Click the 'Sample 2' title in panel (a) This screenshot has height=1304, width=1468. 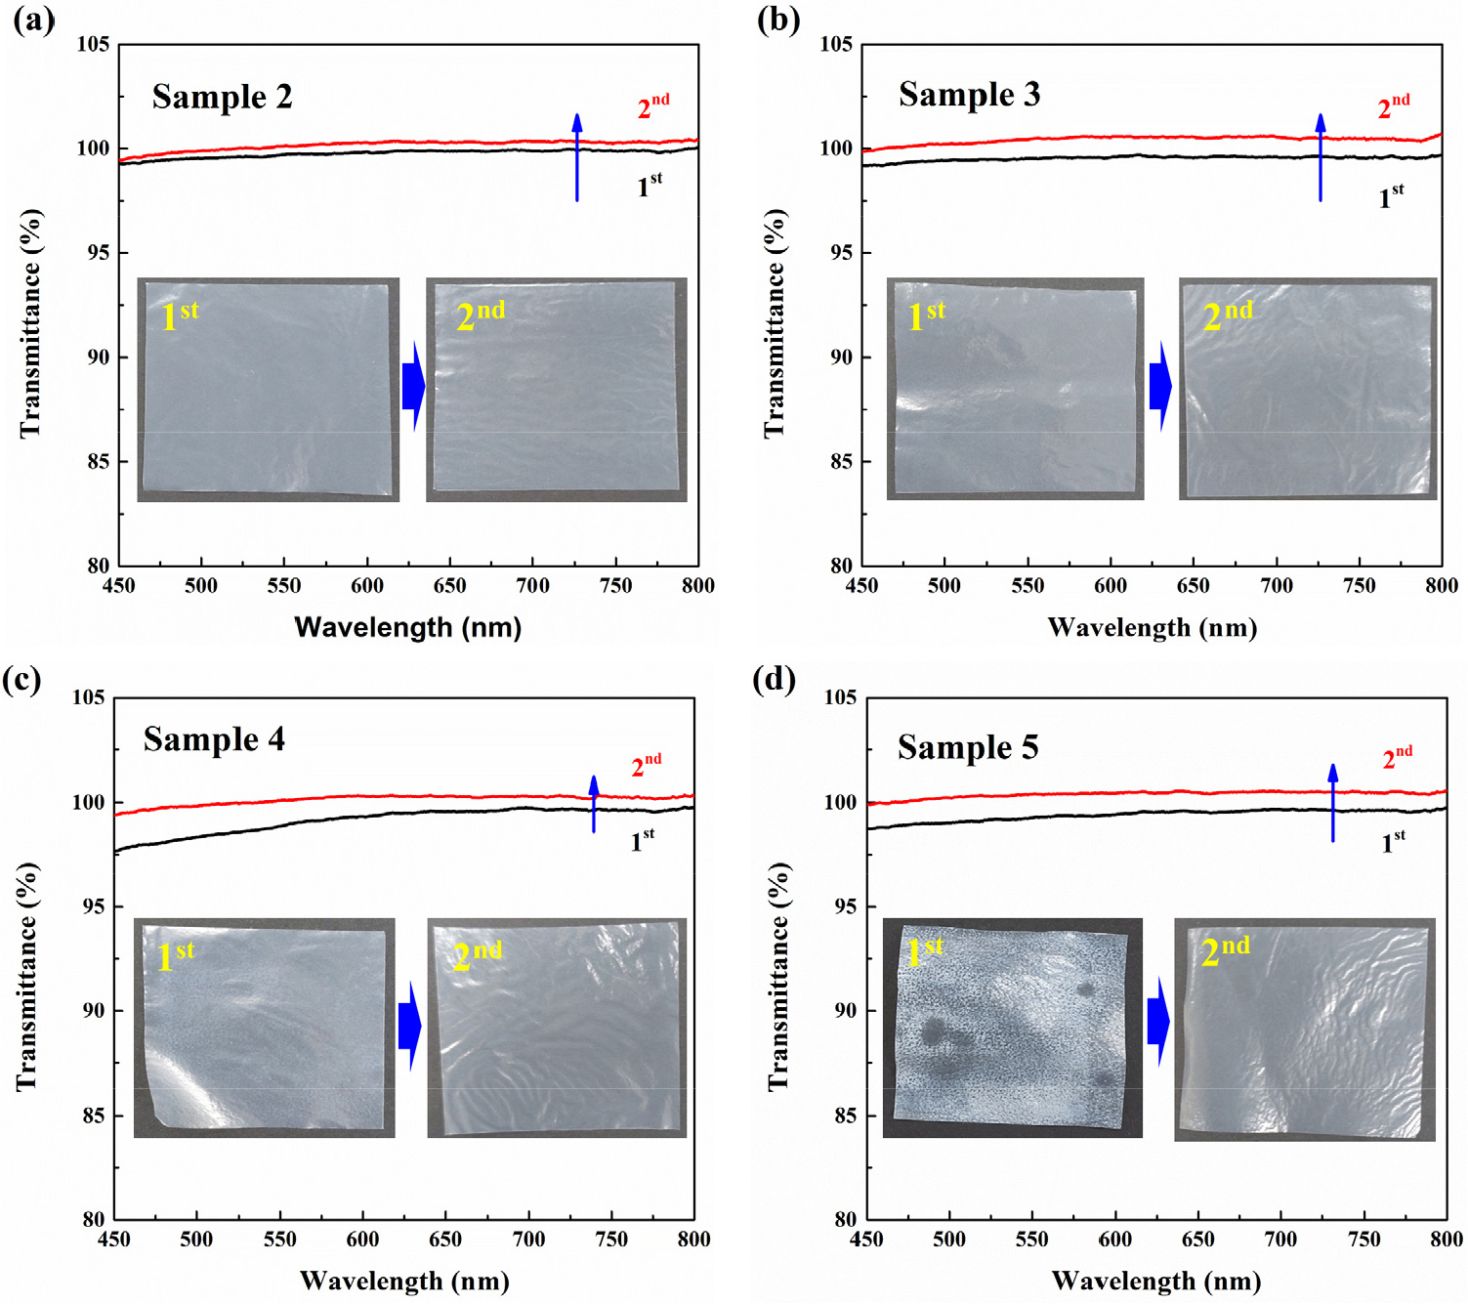pos(222,97)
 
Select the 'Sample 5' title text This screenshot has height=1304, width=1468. pos(967,747)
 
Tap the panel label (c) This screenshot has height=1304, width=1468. pos(21,679)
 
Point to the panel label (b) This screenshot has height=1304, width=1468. pos(778,20)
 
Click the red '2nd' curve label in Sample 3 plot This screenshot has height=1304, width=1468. pos(1393,106)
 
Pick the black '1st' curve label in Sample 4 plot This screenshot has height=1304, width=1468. pos(642,840)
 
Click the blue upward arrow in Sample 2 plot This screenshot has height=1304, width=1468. pos(577,157)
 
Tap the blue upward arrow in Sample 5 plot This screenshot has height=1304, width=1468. pos(1333,802)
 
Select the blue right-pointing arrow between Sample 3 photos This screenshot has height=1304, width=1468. pos(1160,387)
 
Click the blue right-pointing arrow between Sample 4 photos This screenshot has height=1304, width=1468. pos(410,1027)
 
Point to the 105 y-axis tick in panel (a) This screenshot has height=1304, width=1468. pos(94,45)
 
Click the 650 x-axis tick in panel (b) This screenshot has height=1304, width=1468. pos(1193,586)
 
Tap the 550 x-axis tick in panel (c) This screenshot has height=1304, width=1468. pos(279,1240)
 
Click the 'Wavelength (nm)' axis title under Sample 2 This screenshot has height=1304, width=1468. pos(408,627)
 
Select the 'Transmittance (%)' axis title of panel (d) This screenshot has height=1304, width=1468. pos(777,977)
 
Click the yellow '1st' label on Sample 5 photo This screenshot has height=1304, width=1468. pos(924,950)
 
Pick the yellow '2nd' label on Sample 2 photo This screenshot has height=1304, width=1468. pos(481,315)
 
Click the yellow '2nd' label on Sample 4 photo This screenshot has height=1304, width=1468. pos(477,954)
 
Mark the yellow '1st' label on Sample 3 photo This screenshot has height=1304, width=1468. pos(926,315)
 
